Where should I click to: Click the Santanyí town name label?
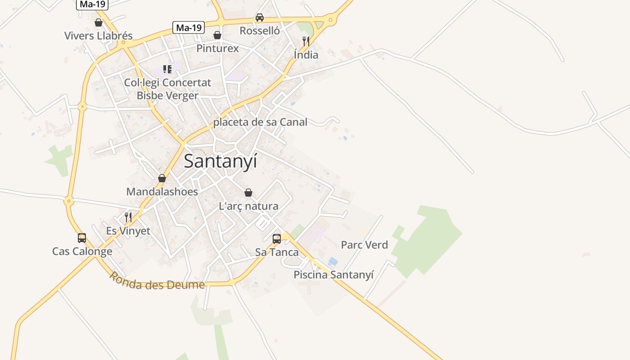pyautogui.click(x=220, y=161)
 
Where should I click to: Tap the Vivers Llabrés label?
pyautogui.click(x=99, y=36)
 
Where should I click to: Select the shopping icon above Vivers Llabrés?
pyautogui.click(x=99, y=22)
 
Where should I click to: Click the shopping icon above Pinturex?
pyautogui.click(x=217, y=35)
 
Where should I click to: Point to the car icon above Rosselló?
pyautogui.click(x=260, y=18)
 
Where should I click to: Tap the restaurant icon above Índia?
pyautogui.click(x=306, y=41)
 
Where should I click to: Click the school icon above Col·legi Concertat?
pyautogui.click(x=167, y=69)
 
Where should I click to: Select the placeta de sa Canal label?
pyautogui.click(x=260, y=122)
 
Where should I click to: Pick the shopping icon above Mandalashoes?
pyautogui.click(x=162, y=178)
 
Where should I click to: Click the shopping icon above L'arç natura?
pyautogui.click(x=248, y=193)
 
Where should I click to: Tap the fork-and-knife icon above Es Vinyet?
pyautogui.click(x=128, y=217)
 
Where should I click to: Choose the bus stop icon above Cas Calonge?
pyautogui.click(x=82, y=238)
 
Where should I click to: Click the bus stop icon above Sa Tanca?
pyautogui.click(x=277, y=238)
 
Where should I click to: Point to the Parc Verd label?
pyautogui.click(x=364, y=245)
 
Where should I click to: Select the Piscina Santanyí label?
pyautogui.click(x=333, y=274)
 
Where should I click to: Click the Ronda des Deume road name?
pyautogui.click(x=157, y=281)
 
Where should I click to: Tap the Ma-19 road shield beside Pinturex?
pyautogui.click(x=189, y=27)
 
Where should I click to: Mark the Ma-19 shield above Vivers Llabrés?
pyautogui.click(x=93, y=4)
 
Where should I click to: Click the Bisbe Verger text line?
pyautogui.click(x=167, y=95)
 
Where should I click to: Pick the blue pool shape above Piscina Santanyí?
pyautogui.click(x=333, y=261)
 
